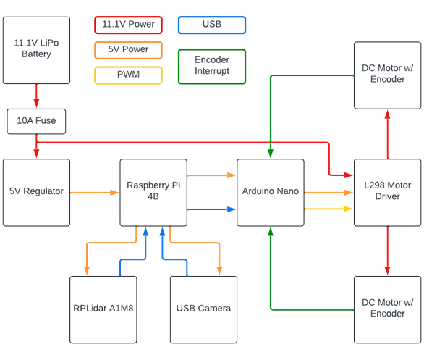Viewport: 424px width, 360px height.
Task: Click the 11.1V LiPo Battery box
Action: click(x=36, y=50)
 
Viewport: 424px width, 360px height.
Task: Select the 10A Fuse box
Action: click(x=36, y=121)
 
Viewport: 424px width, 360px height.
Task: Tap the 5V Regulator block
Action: click(x=36, y=193)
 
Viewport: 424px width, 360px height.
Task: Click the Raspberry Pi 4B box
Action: click(x=153, y=193)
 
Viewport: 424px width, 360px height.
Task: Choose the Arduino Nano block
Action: click(x=271, y=193)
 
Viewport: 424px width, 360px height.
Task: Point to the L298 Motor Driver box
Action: click(x=388, y=193)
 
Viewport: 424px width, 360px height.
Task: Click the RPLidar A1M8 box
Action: click(x=103, y=309)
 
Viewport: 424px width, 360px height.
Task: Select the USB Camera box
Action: click(x=203, y=309)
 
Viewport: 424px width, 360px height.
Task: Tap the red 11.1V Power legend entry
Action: click(x=129, y=25)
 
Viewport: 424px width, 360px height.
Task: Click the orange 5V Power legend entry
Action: click(x=129, y=50)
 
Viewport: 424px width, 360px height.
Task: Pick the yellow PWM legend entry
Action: click(x=129, y=75)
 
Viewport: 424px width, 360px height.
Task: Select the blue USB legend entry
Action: click(x=212, y=25)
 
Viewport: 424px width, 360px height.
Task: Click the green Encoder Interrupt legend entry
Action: click(x=212, y=67)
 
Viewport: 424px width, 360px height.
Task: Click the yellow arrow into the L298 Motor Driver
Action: click(x=328, y=209)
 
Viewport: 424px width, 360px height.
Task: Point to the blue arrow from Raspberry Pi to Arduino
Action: click(x=211, y=209)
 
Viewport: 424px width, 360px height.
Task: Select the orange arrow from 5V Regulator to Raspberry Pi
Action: click(x=94, y=193)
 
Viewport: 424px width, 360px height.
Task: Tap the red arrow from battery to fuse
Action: click(x=36, y=96)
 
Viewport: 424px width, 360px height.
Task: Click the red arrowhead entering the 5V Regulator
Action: click(x=36, y=154)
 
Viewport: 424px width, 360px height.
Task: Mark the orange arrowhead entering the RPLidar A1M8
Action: click(x=87, y=271)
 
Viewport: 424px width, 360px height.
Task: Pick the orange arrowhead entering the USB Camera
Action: click(x=219, y=271)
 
